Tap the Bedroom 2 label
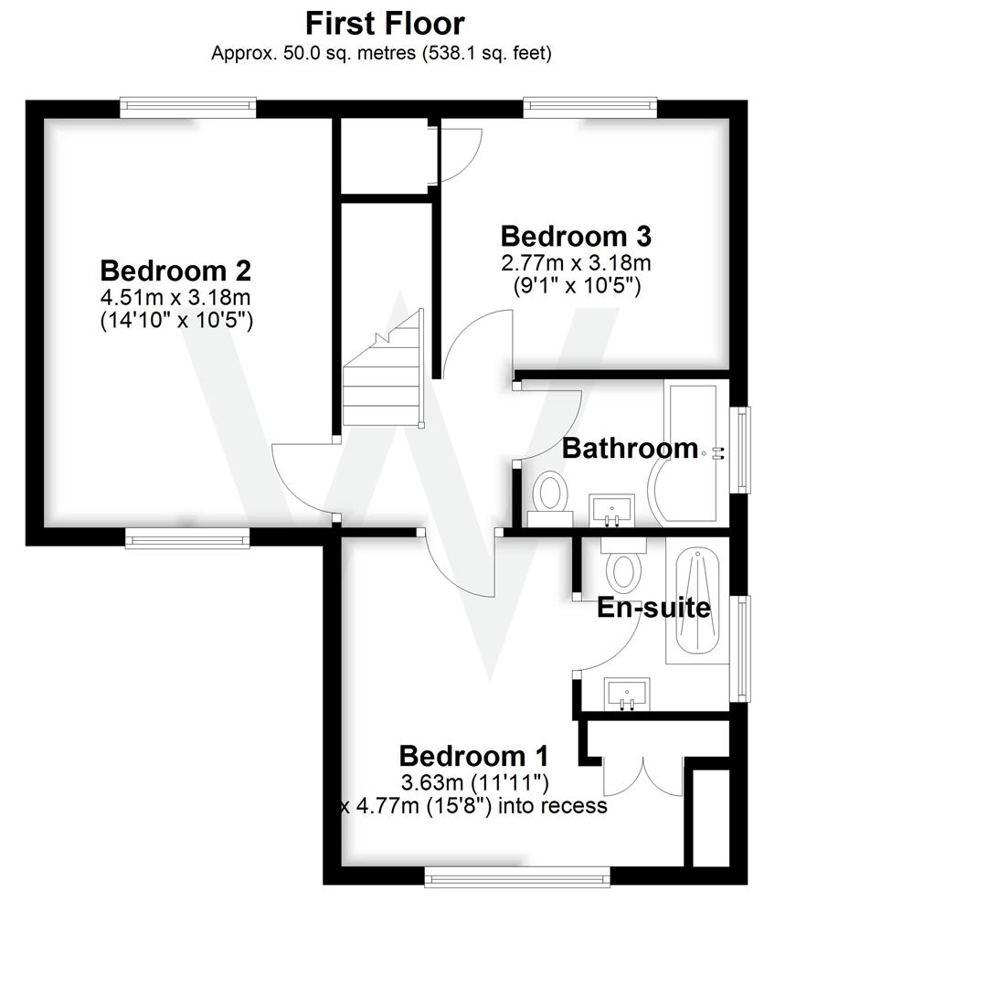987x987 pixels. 175,271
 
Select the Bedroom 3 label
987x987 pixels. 576,236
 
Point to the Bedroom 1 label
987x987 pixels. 473,756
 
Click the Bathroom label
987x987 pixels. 630,448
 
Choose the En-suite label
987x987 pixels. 653,608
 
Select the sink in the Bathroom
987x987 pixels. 611,510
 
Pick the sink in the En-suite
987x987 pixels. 628,695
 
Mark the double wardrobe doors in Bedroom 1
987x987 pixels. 643,776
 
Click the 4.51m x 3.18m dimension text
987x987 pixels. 175,297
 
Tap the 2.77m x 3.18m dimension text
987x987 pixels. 576,263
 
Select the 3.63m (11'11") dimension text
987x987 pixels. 474,782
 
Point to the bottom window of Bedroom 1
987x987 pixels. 517,878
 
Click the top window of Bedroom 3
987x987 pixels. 590,108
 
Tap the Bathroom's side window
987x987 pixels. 744,450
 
